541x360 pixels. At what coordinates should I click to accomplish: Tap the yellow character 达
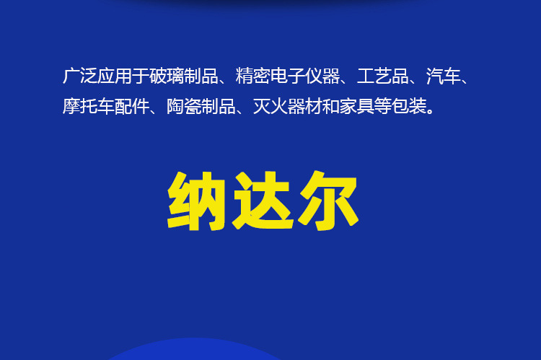click(x=263, y=201)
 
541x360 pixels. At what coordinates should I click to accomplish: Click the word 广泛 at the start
click(x=79, y=76)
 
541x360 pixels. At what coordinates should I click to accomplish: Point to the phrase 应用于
click(x=122, y=76)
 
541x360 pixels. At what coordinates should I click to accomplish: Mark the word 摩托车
click(x=88, y=107)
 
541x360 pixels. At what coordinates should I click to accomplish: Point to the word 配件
click(x=131, y=107)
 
